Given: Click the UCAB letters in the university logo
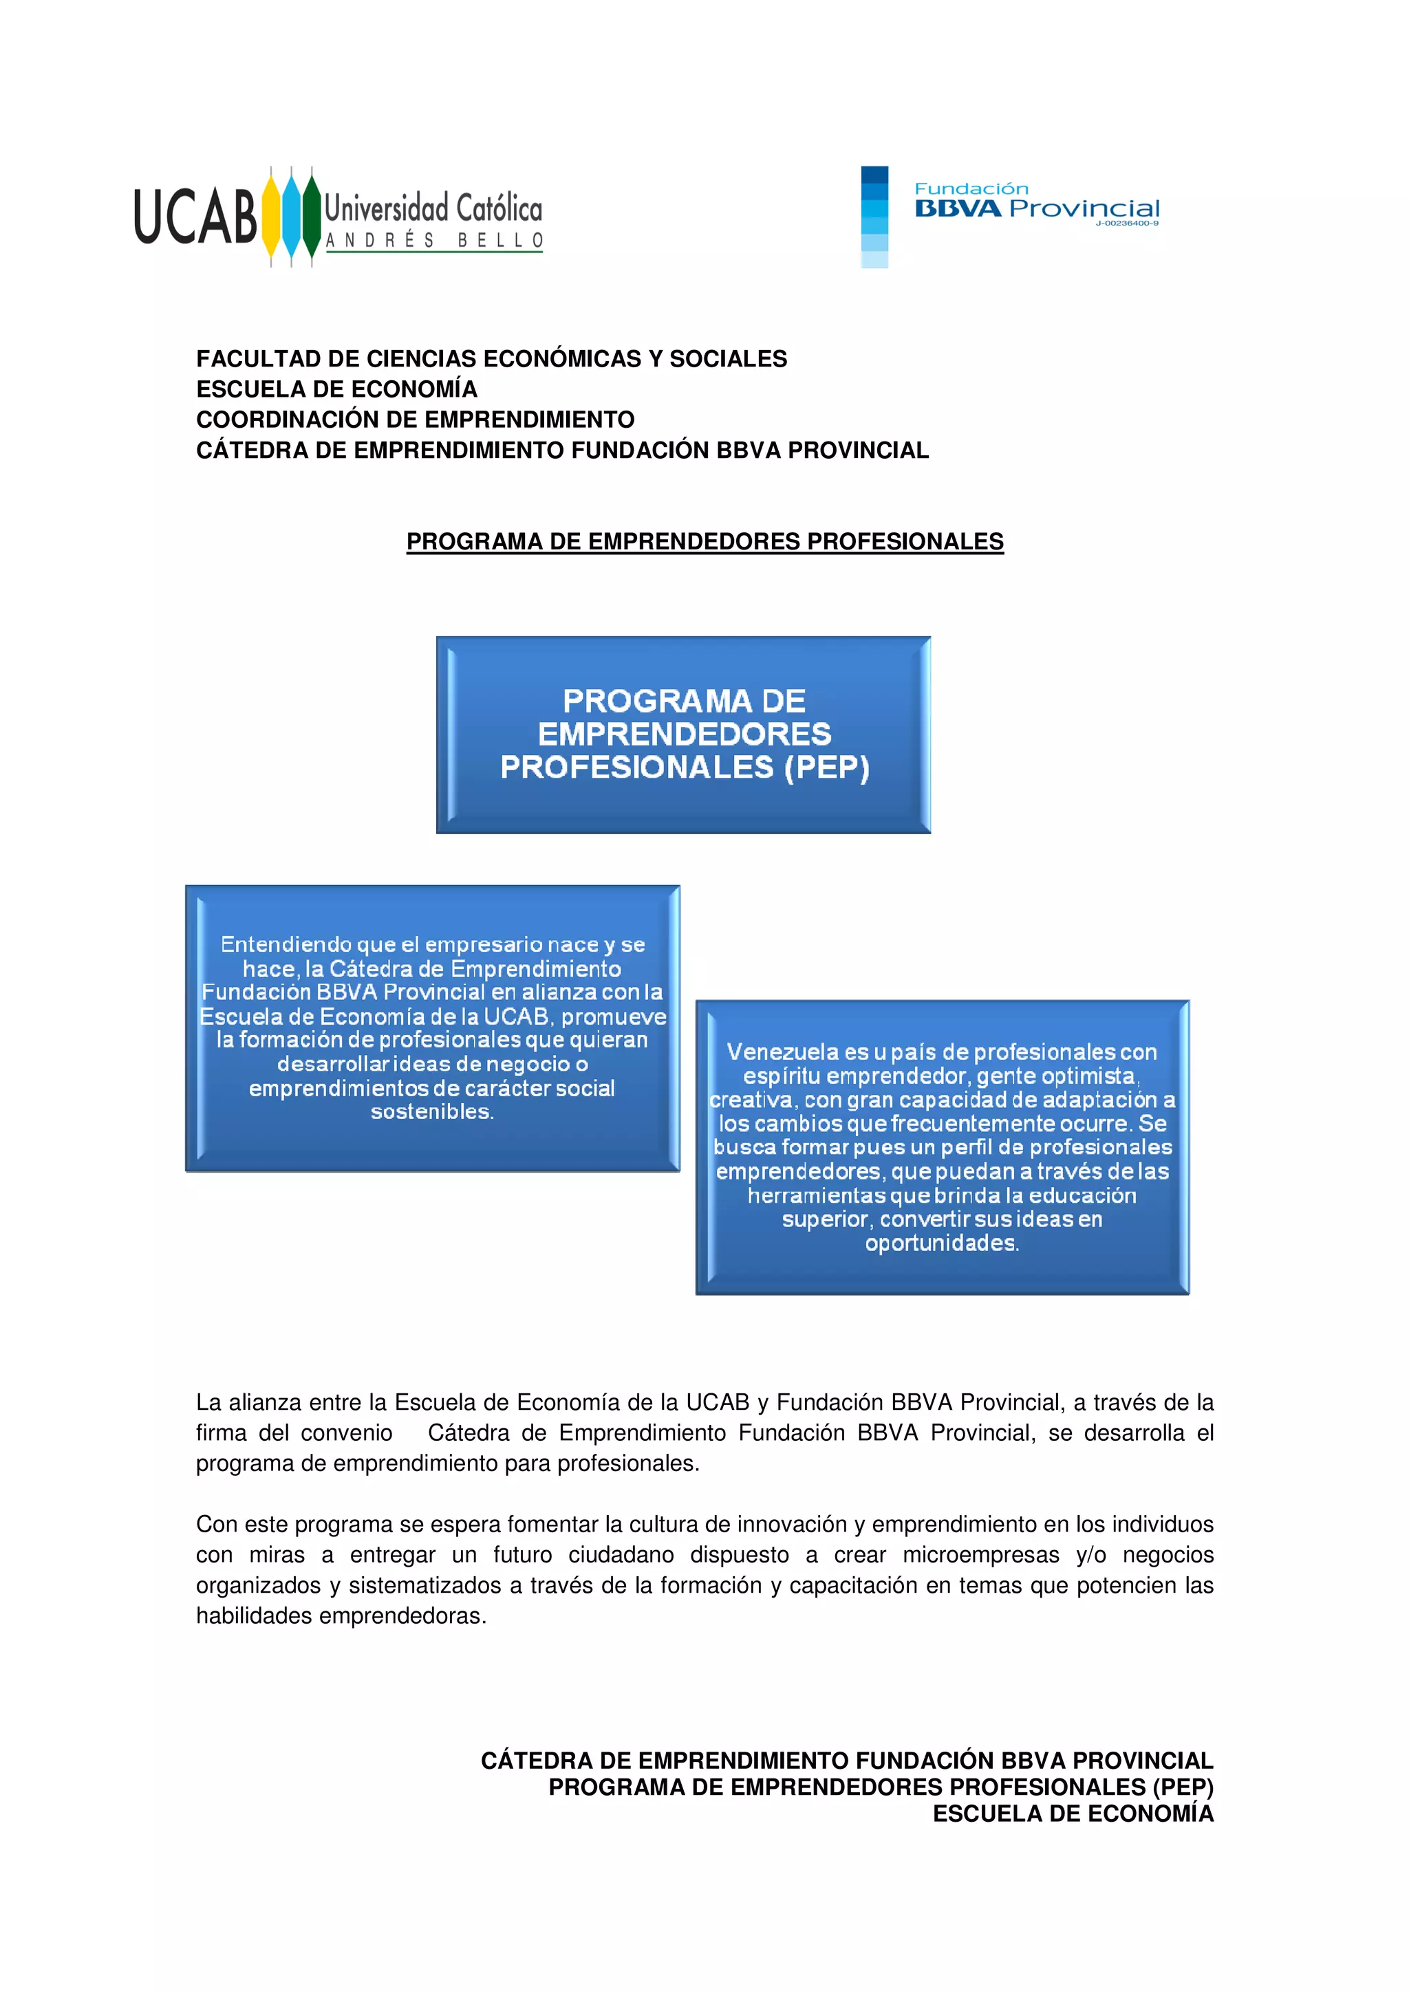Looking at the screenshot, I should pyautogui.click(x=195, y=216).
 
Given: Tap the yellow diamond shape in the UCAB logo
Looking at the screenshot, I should pyautogui.click(x=271, y=216).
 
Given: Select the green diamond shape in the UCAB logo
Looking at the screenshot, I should pyautogui.click(x=311, y=216).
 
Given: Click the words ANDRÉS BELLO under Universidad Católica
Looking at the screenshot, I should pyautogui.click(x=434, y=241).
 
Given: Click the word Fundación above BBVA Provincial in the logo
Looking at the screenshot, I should pyautogui.click(x=971, y=188).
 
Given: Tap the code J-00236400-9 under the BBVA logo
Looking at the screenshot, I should pyautogui.click(x=1126, y=223).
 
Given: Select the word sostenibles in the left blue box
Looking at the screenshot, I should pyautogui.click(x=431, y=1112).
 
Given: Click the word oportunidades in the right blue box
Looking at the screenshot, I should pyautogui.click(x=941, y=1243).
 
